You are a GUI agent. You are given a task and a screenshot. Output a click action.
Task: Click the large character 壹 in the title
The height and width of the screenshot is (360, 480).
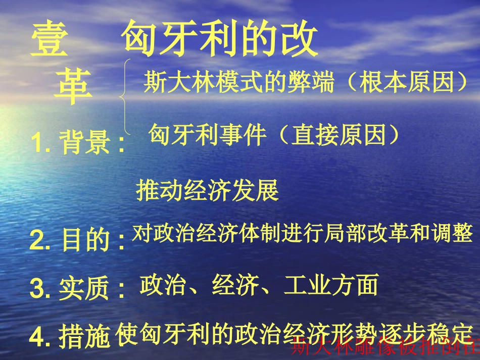click(x=49, y=40)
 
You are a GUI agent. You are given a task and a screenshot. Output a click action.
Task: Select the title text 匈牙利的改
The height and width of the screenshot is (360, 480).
click(x=220, y=39)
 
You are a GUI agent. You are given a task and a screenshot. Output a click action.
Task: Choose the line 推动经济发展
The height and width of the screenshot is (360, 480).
click(x=207, y=192)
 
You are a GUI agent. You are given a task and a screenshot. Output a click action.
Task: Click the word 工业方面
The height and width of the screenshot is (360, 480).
click(x=331, y=285)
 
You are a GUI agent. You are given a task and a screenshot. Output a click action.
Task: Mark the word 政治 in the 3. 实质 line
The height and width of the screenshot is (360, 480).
click(x=162, y=285)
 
